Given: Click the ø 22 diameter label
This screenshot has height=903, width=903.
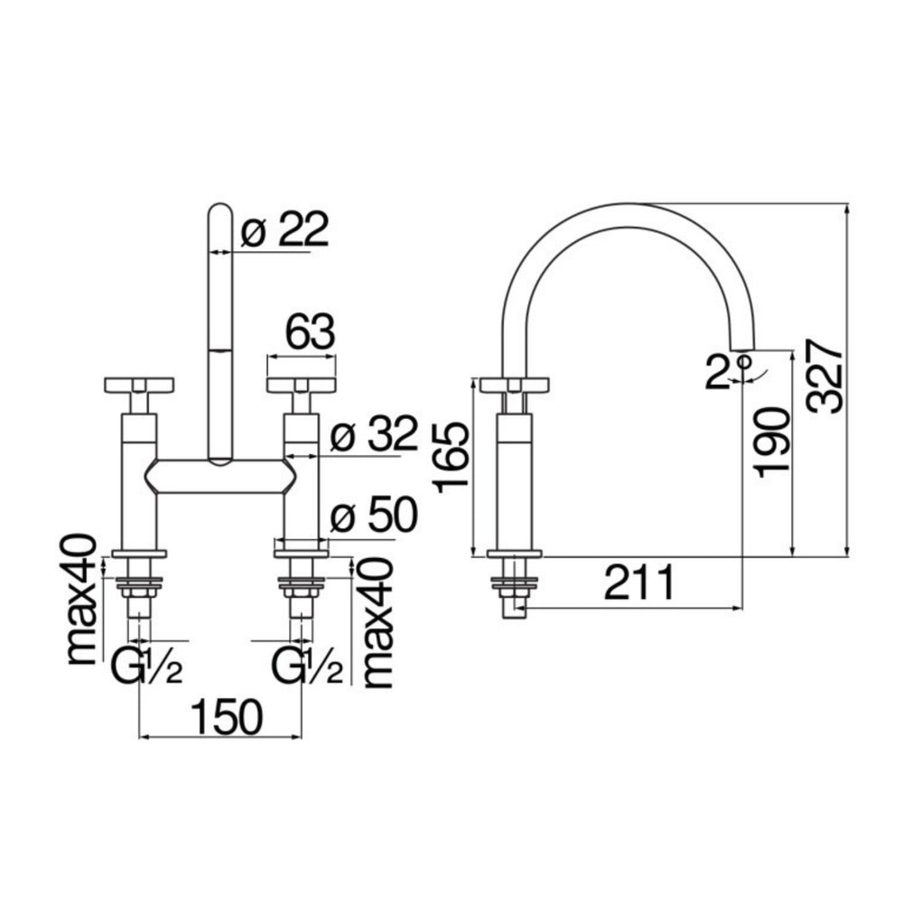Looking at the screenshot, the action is coord(284,230).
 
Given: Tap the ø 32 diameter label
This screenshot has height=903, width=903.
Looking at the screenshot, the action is coord(374,433).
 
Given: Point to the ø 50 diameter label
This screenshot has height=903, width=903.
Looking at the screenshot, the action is coord(374,515).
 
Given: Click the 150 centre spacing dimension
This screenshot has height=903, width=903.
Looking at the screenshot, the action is coord(227,718).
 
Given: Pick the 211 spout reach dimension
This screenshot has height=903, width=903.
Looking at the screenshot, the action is coord(639,582).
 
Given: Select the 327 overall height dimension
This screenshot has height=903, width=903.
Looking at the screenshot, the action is coord(824,376).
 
